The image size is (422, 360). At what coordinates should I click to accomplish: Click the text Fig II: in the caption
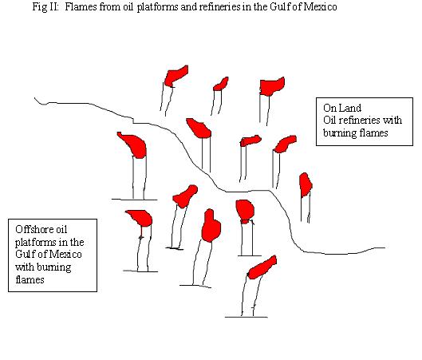coord(45,6)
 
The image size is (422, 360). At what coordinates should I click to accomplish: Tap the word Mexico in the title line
coord(320,6)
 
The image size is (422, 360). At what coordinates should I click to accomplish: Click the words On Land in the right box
coord(342,108)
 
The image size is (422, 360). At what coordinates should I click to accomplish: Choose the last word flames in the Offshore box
coord(30,279)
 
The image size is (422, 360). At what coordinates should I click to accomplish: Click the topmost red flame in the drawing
coord(176,76)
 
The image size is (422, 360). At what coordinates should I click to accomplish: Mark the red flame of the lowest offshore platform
coord(262,267)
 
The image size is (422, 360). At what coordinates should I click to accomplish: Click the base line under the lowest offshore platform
coord(246,317)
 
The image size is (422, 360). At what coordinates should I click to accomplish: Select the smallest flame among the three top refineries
coord(221,84)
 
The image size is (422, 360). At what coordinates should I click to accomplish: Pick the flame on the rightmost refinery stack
coord(306,184)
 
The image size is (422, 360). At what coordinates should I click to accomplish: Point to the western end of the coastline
coord(35,98)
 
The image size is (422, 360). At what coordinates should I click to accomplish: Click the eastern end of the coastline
coord(385,247)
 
